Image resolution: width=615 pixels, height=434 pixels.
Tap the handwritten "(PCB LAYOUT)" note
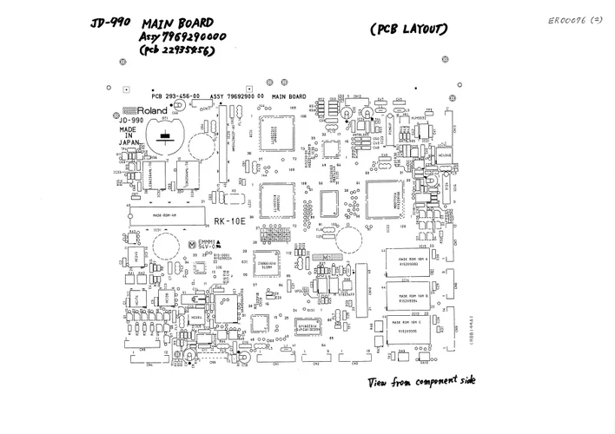(408, 30)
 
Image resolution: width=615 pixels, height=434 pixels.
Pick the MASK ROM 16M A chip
(413, 261)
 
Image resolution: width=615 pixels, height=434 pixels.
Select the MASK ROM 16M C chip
(413, 326)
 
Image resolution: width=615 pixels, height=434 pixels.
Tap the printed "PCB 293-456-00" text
(176, 95)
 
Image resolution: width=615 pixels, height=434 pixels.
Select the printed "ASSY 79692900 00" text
(236, 95)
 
